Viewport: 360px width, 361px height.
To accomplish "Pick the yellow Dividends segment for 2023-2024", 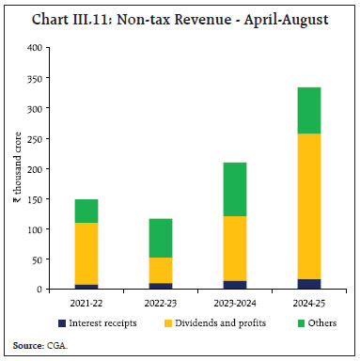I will click(228, 248).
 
